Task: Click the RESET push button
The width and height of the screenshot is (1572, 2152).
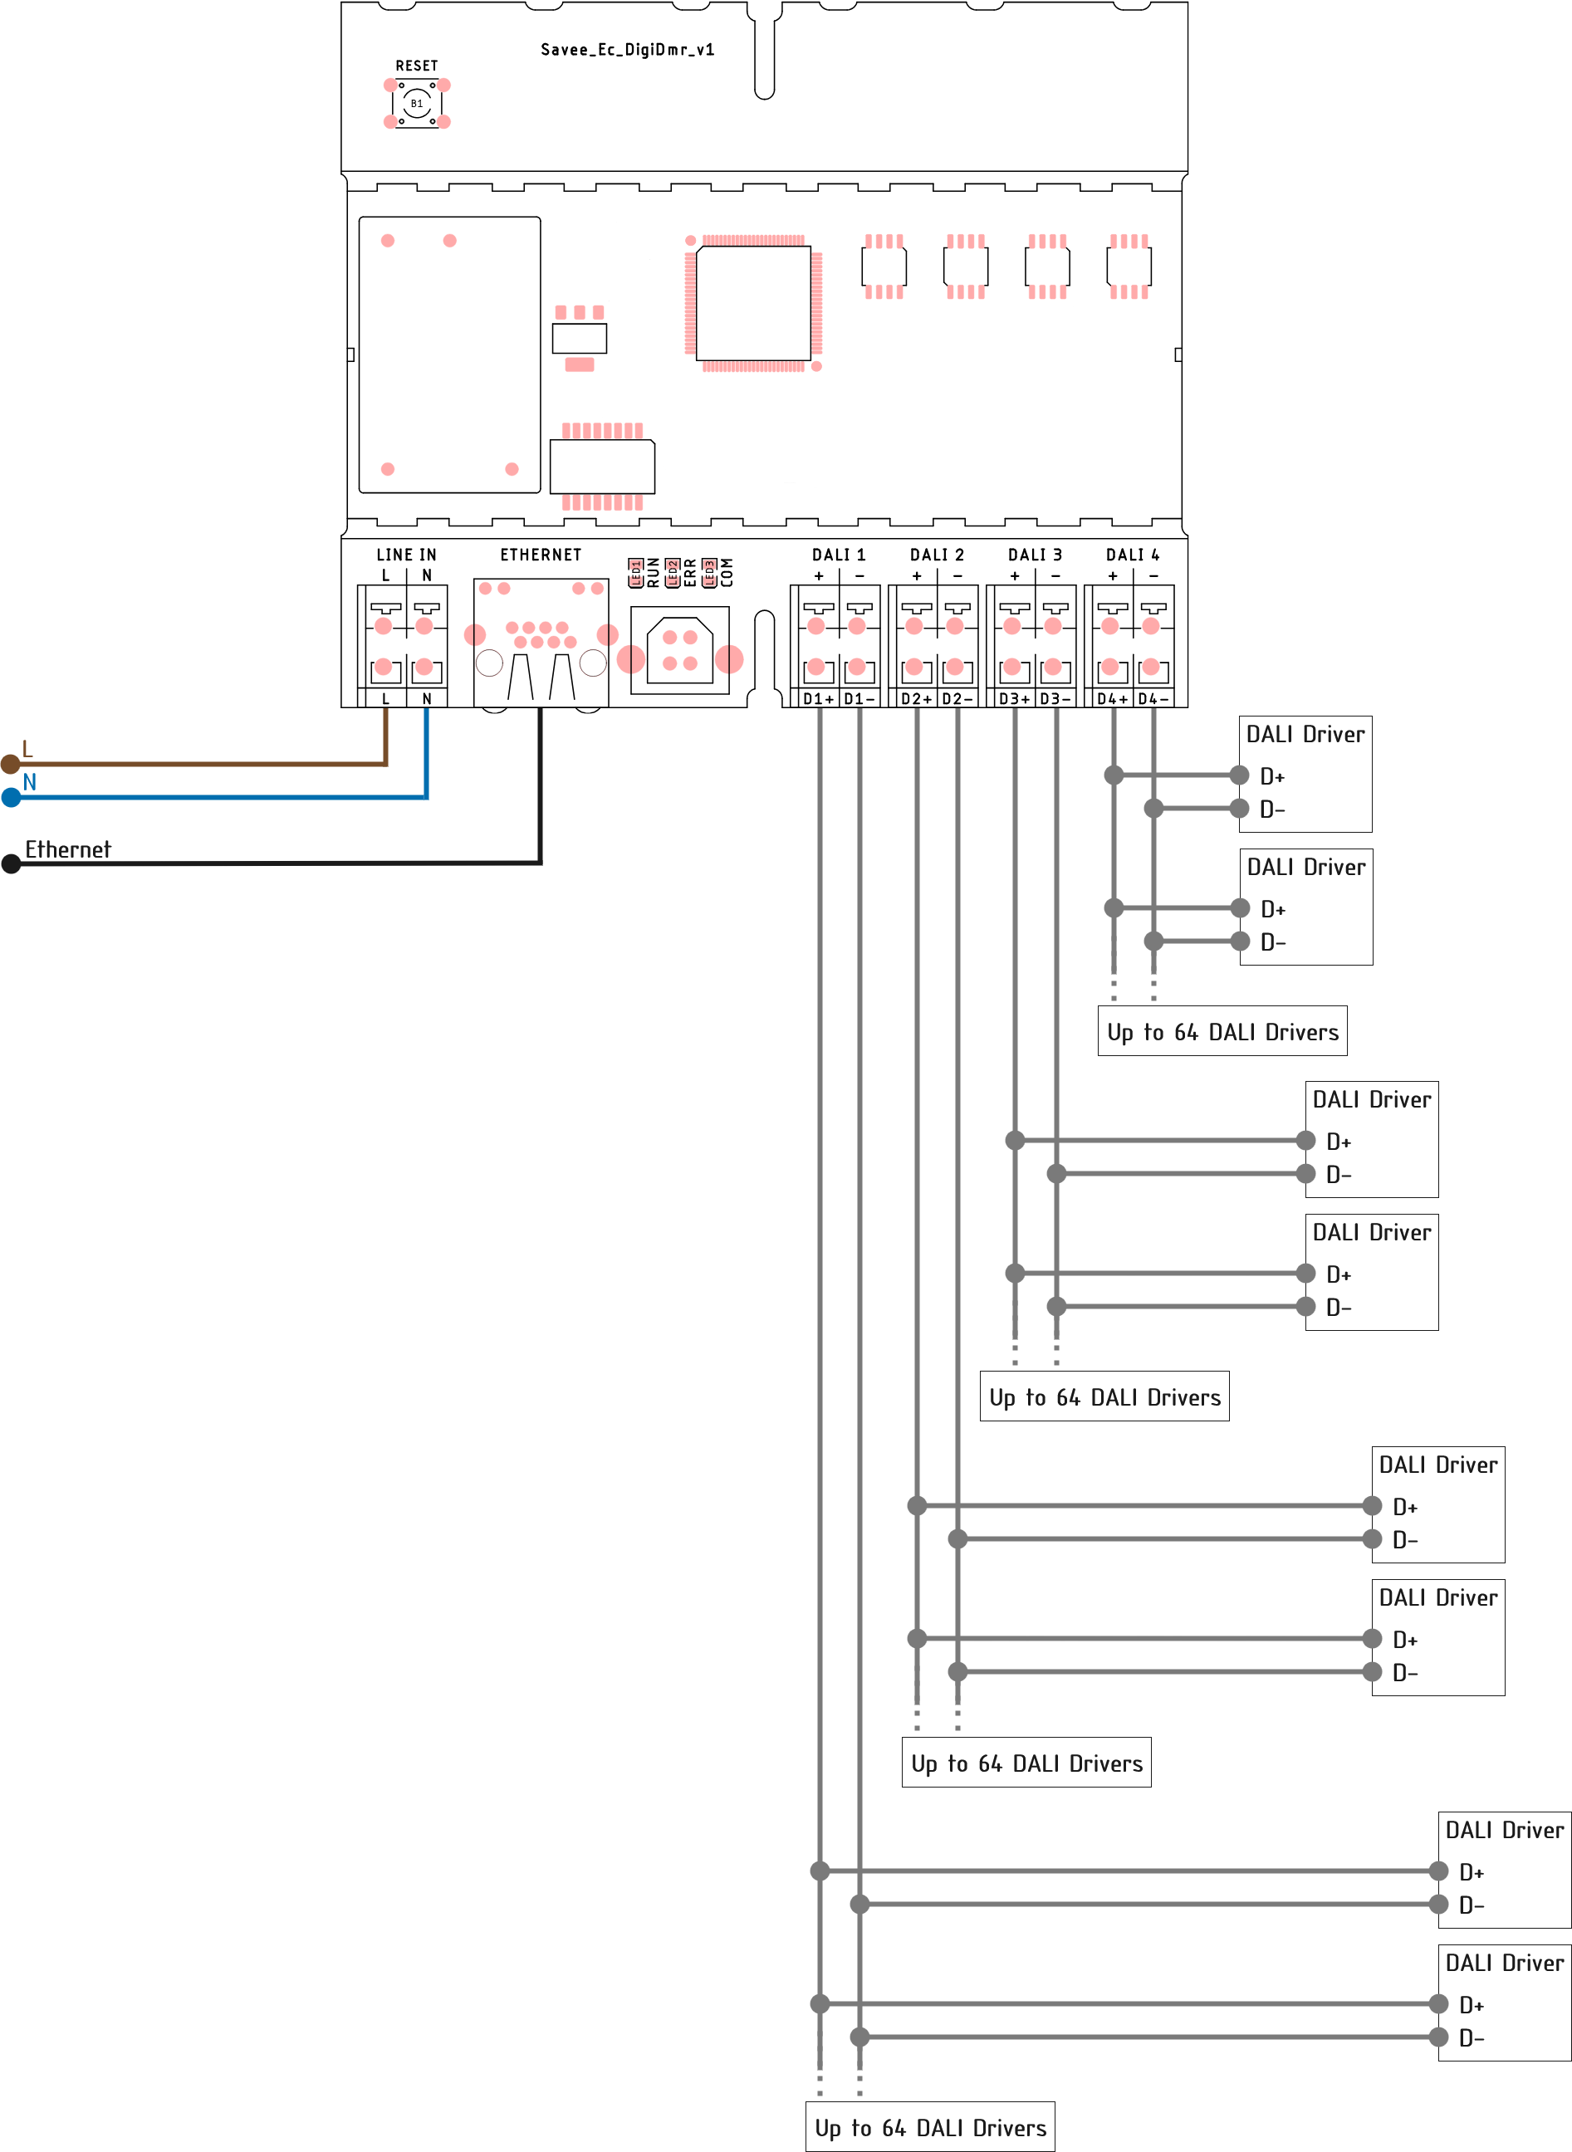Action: tap(417, 104)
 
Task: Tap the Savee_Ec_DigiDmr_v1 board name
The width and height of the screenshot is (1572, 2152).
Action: tap(627, 50)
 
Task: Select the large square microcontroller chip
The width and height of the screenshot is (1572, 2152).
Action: tap(754, 304)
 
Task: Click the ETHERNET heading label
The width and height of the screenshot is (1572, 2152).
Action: tap(541, 555)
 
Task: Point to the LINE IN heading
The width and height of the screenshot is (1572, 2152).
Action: tap(406, 555)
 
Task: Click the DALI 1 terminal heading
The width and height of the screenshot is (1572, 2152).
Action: tap(839, 555)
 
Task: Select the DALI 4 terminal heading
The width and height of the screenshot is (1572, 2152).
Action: tap(1133, 555)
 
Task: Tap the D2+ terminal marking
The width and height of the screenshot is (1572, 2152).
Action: tap(916, 698)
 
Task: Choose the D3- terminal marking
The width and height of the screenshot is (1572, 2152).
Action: tap(1055, 698)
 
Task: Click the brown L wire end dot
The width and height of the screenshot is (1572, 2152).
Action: tap(11, 763)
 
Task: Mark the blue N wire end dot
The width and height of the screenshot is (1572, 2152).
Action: tap(11, 797)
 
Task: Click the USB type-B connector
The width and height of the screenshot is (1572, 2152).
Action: tap(679, 651)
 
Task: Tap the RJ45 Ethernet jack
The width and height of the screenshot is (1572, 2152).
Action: tap(541, 642)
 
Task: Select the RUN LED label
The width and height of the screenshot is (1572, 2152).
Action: tap(654, 572)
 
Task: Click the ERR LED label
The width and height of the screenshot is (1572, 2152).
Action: tap(691, 572)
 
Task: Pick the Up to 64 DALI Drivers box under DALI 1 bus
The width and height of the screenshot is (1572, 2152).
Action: tap(930, 2127)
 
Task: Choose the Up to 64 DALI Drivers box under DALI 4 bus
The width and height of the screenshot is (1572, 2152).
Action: tap(1222, 1031)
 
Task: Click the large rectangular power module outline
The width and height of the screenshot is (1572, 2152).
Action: tap(449, 355)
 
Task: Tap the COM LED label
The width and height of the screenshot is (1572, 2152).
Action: tap(727, 572)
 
